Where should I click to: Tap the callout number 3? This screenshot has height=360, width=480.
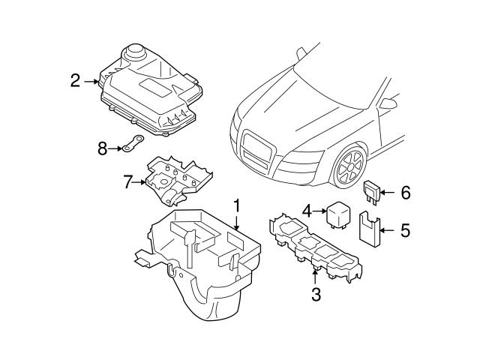pos(316,295)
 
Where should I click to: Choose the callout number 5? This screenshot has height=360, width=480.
pos(405,229)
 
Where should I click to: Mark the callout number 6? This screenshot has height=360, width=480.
pos(405,193)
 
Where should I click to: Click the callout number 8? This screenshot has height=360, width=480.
pos(103,148)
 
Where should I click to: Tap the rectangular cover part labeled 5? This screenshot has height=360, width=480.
pos(369,229)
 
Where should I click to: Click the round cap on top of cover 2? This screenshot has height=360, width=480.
pos(136,52)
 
